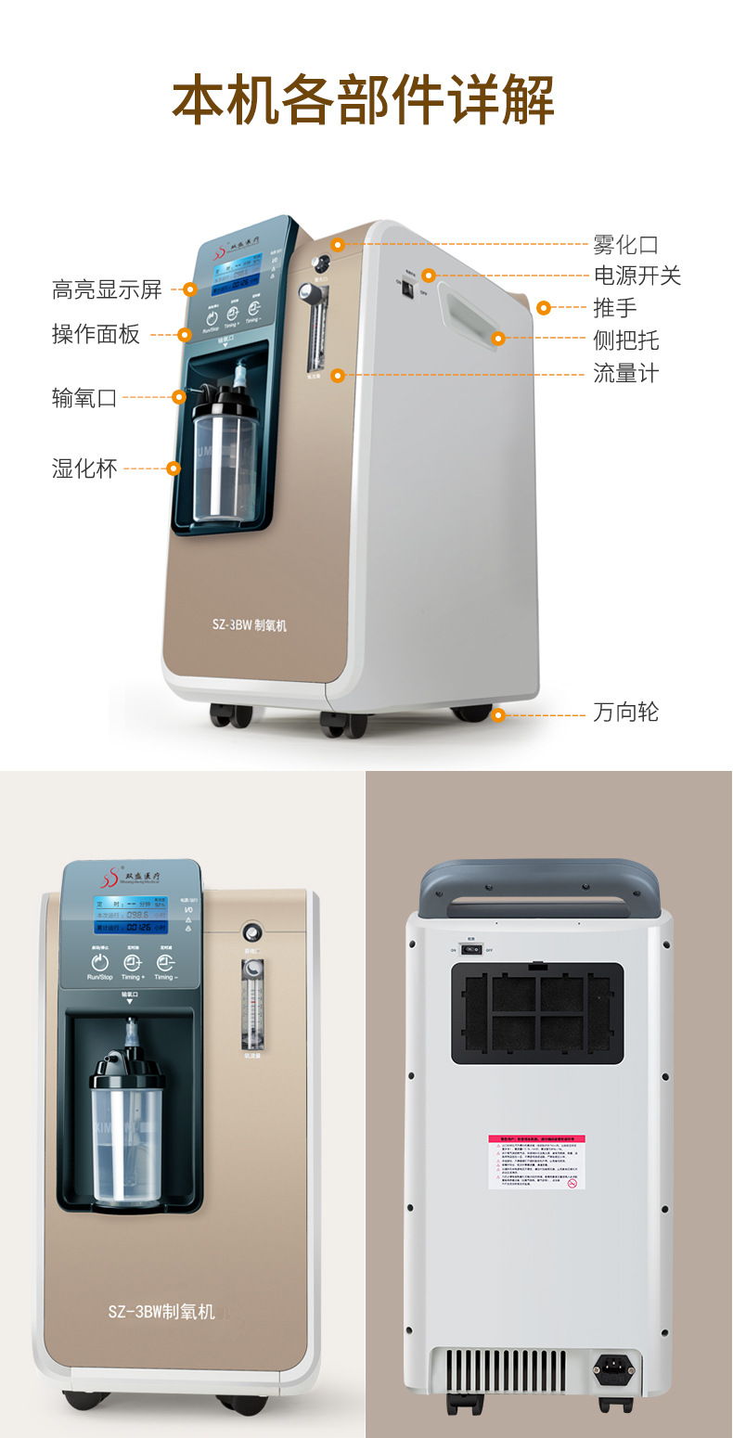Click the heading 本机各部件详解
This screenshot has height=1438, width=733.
pyautogui.click(x=364, y=100)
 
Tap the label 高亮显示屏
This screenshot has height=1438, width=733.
pyautogui.click(x=107, y=289)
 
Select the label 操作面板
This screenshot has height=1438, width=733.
pyautogui.click(x=96, y=334)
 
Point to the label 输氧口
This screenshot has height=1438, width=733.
pyautogui.click(x=84, y=398)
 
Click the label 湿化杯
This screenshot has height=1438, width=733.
pyautogui.click(x=84, y=469)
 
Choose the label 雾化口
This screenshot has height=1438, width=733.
pyautogui.click(x=625, y=245)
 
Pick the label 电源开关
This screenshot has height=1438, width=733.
pyautogui.click(x=637, y=276)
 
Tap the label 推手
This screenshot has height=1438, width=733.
pyautogui.click(x=615, y=308)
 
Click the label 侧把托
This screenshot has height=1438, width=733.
pyautogui.click(x=625, y=340)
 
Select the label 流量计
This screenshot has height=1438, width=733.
pyautogui.click(x=625, y=374)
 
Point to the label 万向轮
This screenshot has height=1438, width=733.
pyautogui.click(x=625, y=713)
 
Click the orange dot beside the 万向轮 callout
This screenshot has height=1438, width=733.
pyautogui.click(x=498, y=714)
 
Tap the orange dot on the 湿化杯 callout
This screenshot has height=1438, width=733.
pyautogui.click(x=173, y=469)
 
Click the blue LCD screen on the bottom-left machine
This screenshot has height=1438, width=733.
pyautogui.click(x=130, y=915)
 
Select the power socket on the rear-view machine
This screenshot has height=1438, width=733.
pyautogui.click(x=615, y=1366)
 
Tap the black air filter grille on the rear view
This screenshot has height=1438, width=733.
pyautogui.click(x=537, y=1013)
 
